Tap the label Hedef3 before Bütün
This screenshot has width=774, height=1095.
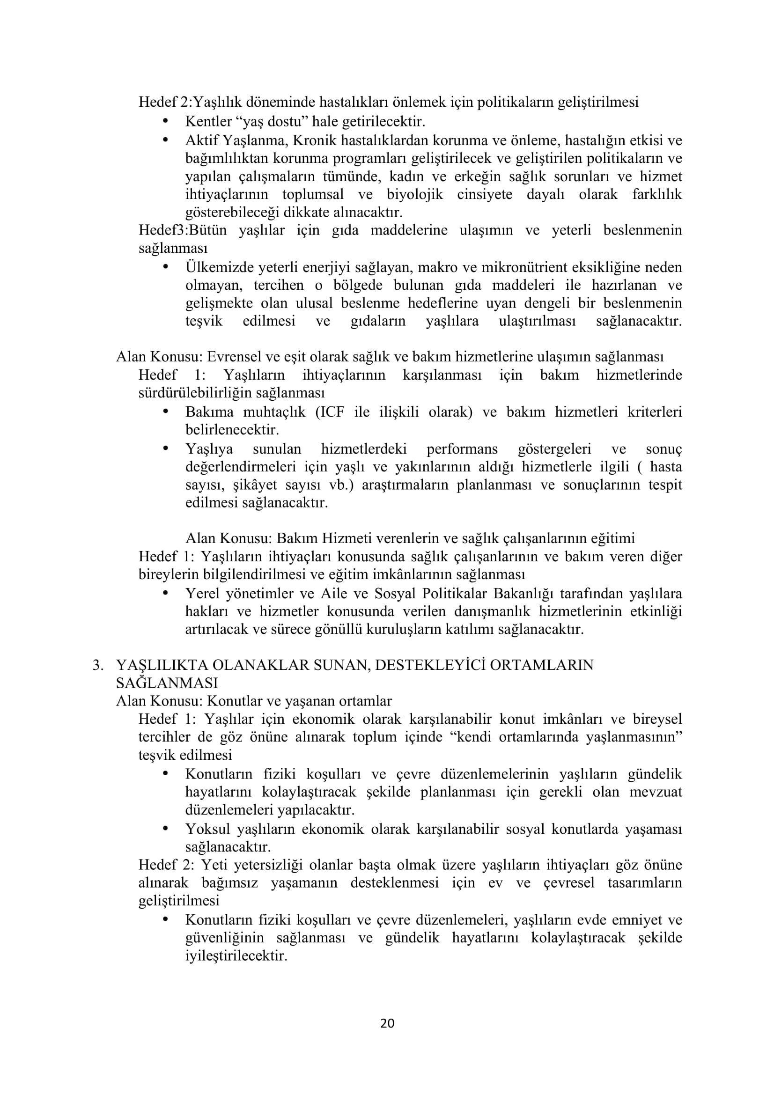pos(161,230)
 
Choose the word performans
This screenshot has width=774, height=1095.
pos(462,449)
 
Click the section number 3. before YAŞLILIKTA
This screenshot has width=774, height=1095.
pos(98,665)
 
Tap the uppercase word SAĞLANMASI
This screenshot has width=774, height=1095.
pos(167,683)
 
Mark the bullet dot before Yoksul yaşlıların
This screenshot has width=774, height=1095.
pos(166,829)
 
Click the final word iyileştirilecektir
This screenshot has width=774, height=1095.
pos(236,956)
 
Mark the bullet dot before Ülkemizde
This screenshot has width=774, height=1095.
pos(166,266)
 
